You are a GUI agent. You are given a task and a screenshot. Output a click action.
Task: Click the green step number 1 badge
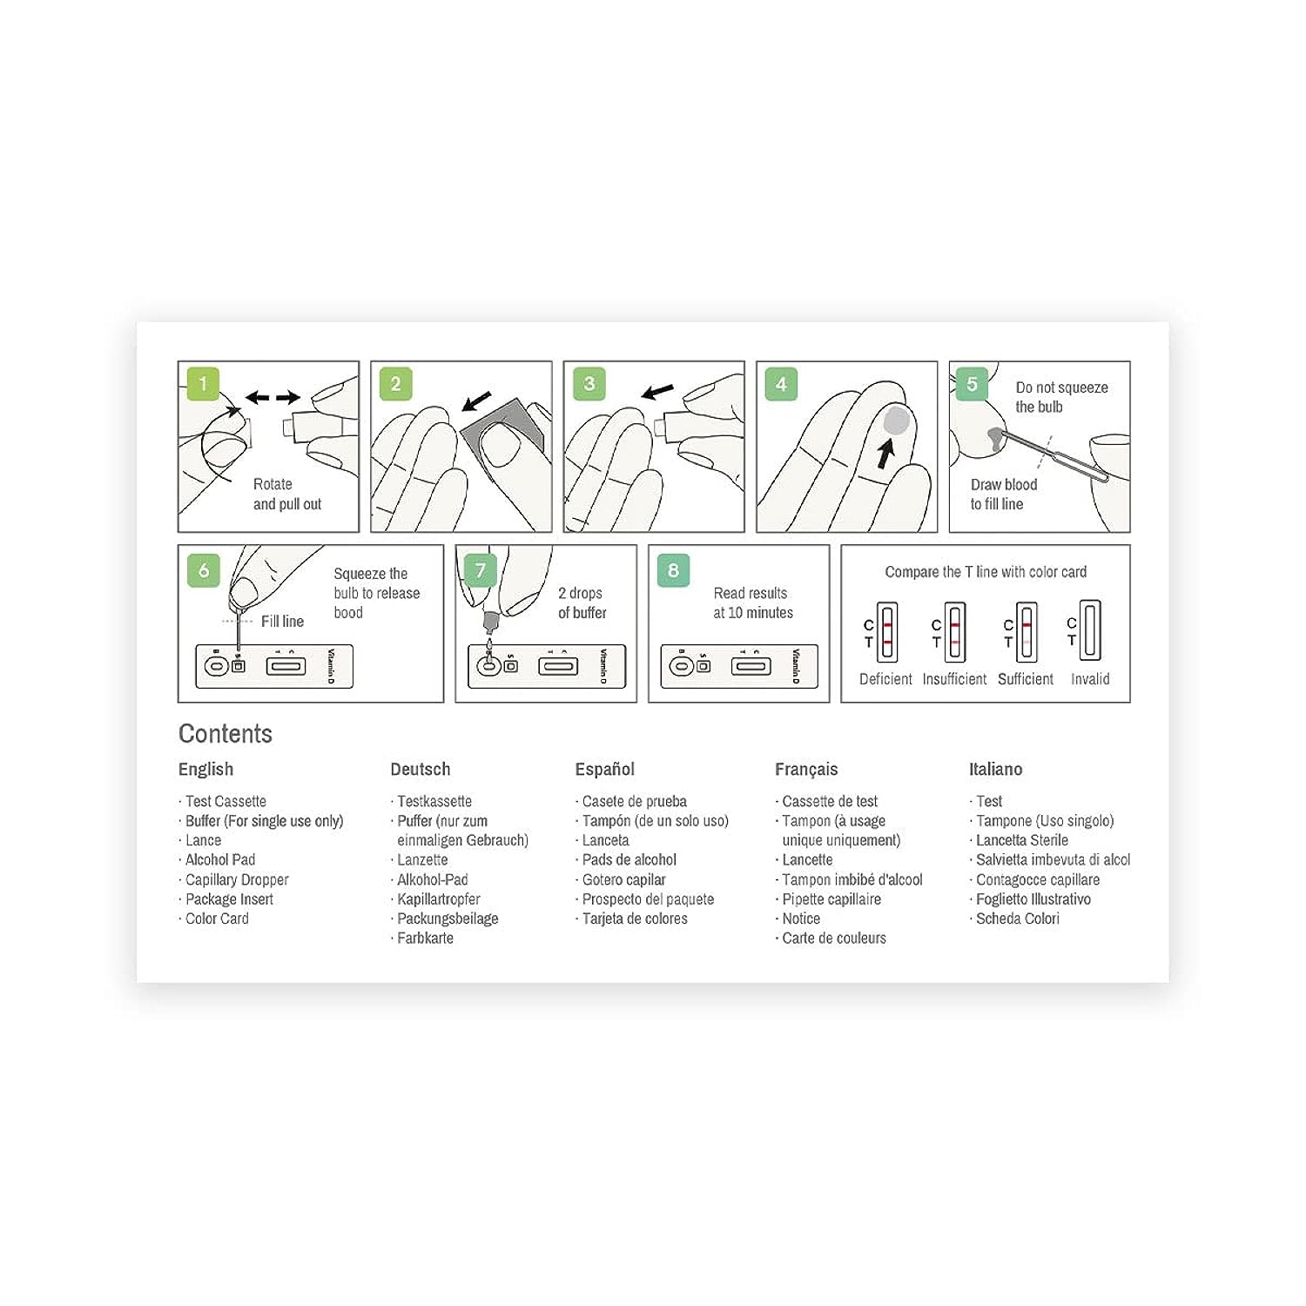click(203, 384)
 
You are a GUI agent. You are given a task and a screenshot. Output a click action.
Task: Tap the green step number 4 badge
click(781, 384)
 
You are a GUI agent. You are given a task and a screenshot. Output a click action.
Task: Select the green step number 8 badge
click(673, 570)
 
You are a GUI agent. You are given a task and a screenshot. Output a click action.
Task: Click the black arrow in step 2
click(476, 401)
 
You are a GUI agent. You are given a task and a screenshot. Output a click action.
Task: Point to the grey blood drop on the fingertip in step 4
click(896, 421)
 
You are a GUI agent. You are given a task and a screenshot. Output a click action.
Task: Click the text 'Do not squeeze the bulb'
click(1061, 397)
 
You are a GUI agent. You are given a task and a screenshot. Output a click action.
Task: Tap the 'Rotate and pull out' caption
click(287, 494)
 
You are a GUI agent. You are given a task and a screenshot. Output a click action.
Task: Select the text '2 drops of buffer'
click(582, 603)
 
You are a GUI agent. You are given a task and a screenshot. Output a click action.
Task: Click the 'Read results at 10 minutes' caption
click(753, 603)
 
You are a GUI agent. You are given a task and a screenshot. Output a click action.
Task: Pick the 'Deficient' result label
click(885, 679)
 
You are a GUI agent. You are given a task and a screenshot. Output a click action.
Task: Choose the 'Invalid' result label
click(1090, 679)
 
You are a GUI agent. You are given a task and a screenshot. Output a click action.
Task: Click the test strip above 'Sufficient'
click(1027, 631)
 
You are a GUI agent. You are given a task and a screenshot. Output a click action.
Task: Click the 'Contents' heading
click(226, 734)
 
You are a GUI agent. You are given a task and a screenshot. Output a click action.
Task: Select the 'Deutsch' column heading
click(421, 770)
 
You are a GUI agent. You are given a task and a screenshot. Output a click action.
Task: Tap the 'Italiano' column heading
click(996, 770)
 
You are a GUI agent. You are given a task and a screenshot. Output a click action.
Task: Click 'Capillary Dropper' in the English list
click(237, 880)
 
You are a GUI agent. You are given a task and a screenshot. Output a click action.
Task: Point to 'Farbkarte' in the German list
click(425, 939)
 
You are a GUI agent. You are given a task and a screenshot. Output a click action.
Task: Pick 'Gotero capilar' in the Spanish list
click(623, 880)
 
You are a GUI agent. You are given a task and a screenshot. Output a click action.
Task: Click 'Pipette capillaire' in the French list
click(831, 899)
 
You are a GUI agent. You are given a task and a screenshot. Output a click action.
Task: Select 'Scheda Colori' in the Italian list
click(1018, 919)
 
